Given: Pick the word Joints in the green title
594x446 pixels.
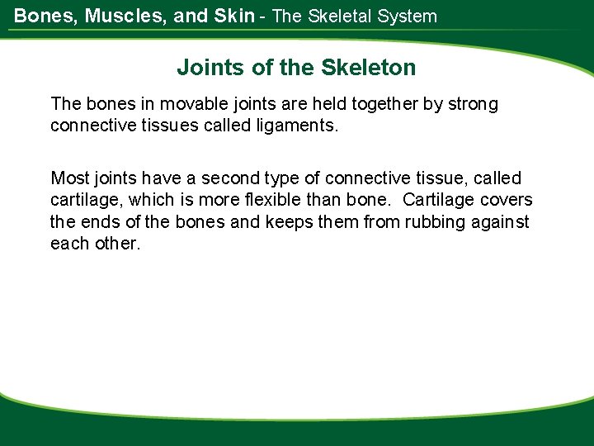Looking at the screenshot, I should [203, 68].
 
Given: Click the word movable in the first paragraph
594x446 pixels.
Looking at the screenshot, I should [191, 104].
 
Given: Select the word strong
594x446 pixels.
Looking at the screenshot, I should [469, 104].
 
